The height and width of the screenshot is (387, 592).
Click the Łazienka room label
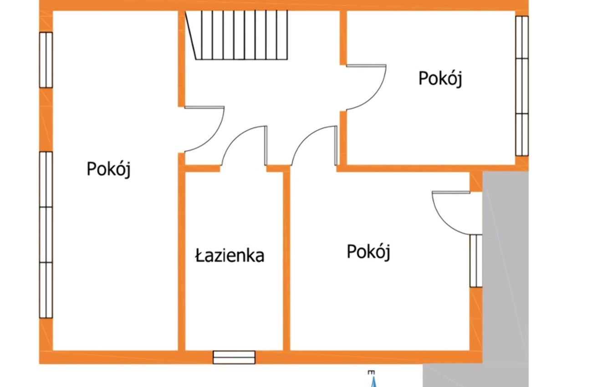230,255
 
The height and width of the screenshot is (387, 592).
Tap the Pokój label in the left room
109,169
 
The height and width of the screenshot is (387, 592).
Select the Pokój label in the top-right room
440,78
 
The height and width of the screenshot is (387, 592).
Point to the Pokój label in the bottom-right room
368,252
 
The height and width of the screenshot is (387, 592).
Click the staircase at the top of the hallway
236,35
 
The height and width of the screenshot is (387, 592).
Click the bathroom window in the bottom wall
234,357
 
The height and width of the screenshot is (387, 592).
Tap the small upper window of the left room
46,60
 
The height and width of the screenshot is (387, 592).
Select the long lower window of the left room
46,235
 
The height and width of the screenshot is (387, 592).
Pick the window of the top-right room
522,86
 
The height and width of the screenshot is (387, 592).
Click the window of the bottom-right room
476,261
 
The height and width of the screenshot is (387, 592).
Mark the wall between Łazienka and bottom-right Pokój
286,261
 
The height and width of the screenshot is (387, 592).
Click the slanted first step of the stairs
191,35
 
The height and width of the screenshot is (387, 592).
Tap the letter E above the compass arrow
371,373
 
